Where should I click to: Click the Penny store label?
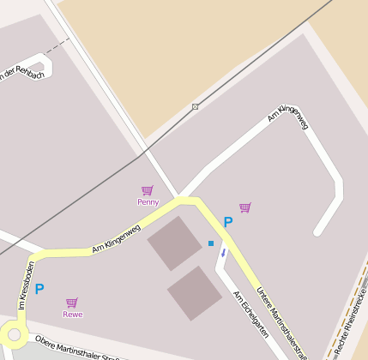click(x=148, y=202)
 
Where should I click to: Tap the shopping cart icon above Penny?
click(x=148, y=190)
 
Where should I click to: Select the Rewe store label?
click(x=73, y=315)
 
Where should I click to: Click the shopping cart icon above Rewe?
click(x=72, y=303)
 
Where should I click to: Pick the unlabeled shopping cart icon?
click(x=245, y=207)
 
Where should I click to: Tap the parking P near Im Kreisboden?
click(x=39, y=290)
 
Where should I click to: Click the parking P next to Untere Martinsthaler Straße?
click(x=228, y=222)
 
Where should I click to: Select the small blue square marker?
click(x=211, y=243)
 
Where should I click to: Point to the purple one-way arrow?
click(x=224, y=253)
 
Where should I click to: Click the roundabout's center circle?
click(x=13, y=335)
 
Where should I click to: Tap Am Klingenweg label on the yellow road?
click(x=116, y=239)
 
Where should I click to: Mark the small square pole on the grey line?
click(x=196, y=106)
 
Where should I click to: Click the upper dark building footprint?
click(x=176, y=243)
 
